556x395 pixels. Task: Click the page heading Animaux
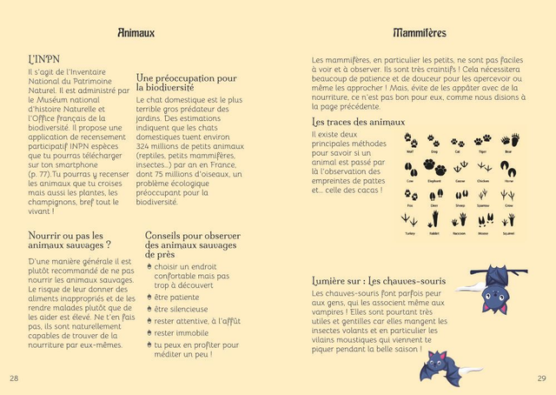(x=136, y=33)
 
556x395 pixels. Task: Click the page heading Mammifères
(x=419, y=33)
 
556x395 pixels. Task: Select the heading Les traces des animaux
(x=358, y=123)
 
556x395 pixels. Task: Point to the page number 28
(x=14, y=378)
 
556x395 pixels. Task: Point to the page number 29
(x=541, y=378)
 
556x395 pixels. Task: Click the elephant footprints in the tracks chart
(x=434, y=169)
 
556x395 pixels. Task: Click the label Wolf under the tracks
(x=410, y=151)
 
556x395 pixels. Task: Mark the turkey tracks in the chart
(x=410, y=221)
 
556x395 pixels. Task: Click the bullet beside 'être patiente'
(x=148, y=297)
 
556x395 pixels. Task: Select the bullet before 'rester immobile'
(x=148, y=333)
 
